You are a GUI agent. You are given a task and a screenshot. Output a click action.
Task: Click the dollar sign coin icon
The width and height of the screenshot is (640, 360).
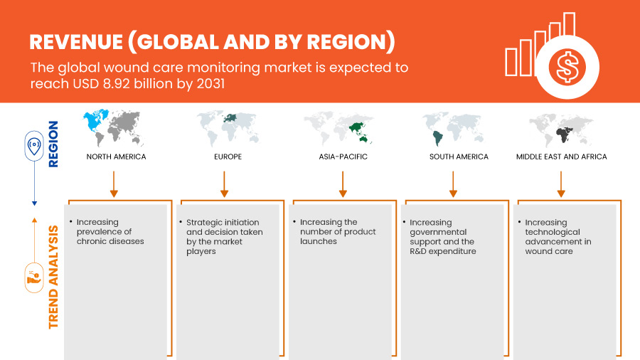tap(567, 68)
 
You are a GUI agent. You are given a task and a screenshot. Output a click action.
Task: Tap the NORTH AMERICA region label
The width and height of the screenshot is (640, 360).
tap(116, 157)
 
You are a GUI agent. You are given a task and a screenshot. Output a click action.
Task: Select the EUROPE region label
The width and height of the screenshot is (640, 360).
tap(228, 157)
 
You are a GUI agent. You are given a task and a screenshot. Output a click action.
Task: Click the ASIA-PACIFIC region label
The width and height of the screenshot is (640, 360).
tap(343, 157)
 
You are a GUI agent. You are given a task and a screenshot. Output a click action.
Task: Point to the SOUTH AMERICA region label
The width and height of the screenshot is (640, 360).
tap(459, 157)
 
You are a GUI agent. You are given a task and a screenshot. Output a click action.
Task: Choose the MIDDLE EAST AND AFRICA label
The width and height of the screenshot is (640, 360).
tap(561, 157)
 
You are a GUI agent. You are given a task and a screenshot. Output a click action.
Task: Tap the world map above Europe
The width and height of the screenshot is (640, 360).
tap(228, 128)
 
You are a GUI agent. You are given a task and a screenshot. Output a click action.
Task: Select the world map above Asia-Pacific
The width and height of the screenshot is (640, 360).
tap(338, 128)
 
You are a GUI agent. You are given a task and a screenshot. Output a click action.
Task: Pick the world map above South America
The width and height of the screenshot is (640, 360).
tap(452, 128)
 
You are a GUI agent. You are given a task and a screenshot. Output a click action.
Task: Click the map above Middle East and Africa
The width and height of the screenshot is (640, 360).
tap(561, 129)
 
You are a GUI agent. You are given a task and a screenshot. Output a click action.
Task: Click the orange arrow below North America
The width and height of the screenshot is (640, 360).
tap(114, 184)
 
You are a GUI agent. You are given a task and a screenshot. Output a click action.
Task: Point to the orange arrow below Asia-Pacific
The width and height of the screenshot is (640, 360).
tap(343, 184)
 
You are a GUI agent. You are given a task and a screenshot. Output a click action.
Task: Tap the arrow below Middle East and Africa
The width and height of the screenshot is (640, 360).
tap(561, 184)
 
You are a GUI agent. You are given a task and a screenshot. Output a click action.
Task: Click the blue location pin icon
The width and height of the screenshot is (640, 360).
tap(34, 145)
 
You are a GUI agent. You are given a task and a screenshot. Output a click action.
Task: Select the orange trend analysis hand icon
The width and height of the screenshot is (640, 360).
tap(34, 278)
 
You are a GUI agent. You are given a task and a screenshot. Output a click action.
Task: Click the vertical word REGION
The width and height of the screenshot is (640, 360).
tap(53, 144)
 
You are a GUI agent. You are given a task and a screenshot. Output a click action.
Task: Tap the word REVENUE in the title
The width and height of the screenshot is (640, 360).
tap(76, 42)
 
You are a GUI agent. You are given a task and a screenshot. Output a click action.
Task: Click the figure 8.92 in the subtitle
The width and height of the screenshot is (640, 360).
tap(117, 84)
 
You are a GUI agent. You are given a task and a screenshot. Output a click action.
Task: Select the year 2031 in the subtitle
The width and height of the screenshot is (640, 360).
tap(210, 84)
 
